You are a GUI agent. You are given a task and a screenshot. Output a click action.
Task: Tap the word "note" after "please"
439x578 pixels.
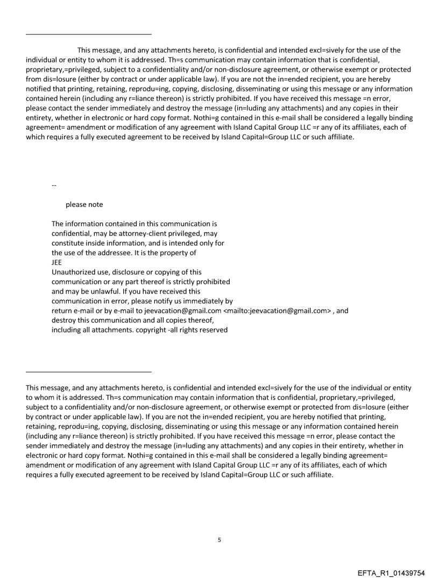(x=96, y=205)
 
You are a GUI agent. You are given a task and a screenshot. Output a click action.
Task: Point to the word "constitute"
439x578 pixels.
(x=69, y=243)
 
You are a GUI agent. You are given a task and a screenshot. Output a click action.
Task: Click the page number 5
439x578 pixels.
(x=219, y=539)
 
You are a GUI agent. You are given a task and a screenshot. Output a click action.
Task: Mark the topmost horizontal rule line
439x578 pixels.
(x=89, y=34)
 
